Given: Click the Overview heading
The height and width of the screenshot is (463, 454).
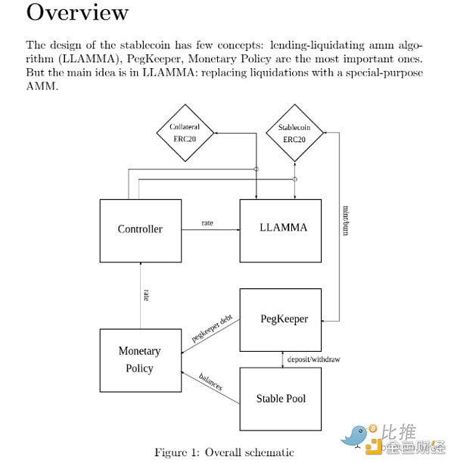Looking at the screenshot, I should point(78,13).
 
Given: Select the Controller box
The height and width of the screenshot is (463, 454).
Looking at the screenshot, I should point(140,229).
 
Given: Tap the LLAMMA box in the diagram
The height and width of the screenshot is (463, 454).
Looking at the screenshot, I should point(283,228).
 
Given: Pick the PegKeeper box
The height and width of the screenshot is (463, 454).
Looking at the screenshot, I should point(283,319).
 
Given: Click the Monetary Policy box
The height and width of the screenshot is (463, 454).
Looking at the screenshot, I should point(140,360).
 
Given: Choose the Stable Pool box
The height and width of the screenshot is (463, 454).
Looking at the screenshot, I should point(281,399).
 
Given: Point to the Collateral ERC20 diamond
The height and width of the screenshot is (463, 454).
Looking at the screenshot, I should point(185,133).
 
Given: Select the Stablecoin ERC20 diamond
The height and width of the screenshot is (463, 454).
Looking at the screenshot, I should point(294,134).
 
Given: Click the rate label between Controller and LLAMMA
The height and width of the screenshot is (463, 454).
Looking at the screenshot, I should point(207,222).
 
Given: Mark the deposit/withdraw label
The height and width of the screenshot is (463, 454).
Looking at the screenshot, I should point(314,359).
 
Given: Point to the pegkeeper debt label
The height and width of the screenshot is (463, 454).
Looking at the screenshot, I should point(212,329).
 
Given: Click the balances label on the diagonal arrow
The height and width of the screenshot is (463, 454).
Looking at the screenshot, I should point(210,382).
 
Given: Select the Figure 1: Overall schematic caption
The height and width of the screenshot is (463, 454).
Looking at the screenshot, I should point(224,452).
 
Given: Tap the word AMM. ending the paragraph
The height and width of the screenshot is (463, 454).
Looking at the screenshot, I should point(42,86).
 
